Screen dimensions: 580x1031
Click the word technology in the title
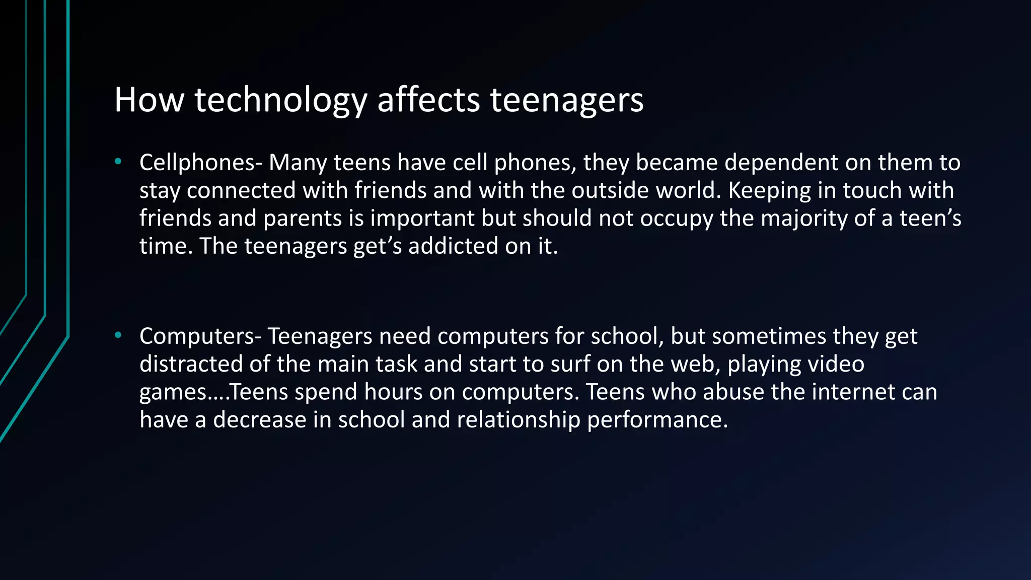(x=280, y=100)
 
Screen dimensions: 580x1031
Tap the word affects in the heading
(x=428, y=99)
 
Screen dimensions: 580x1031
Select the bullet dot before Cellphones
(x=118, y=162)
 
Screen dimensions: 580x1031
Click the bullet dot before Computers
(x=118, y=335)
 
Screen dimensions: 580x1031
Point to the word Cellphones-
(x=201, y=163)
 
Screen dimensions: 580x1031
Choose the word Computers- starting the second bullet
(x=200, y=336)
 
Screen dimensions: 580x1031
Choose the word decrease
(x=260, y=419)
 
